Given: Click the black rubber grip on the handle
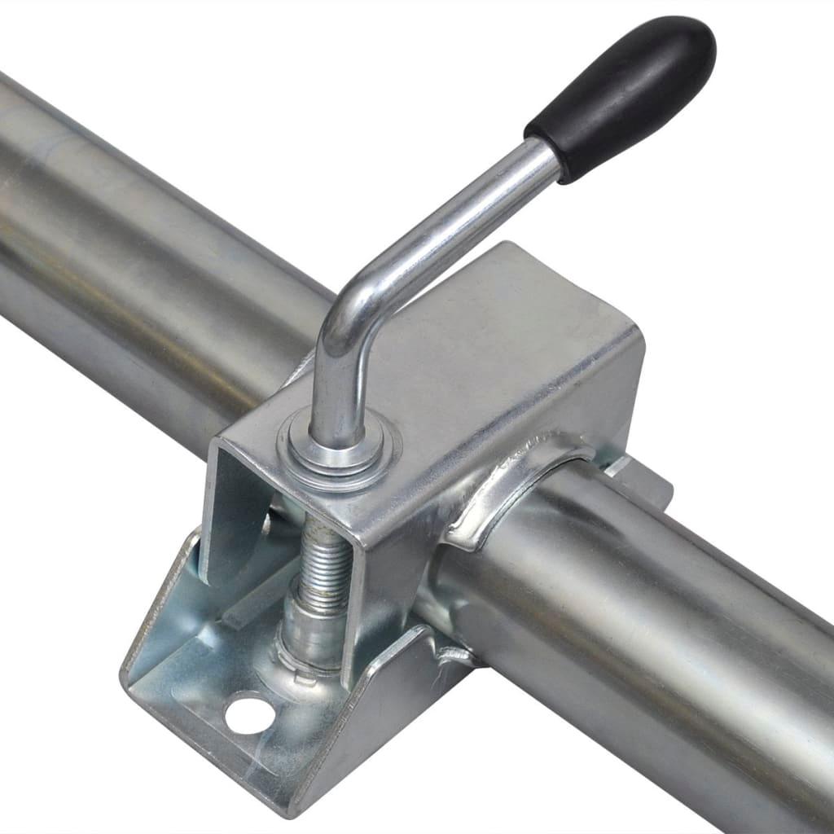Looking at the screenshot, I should [x=623, y=96].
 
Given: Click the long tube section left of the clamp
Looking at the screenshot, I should [x=138, y=244].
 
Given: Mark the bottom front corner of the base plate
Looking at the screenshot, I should [x=281, y=810].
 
